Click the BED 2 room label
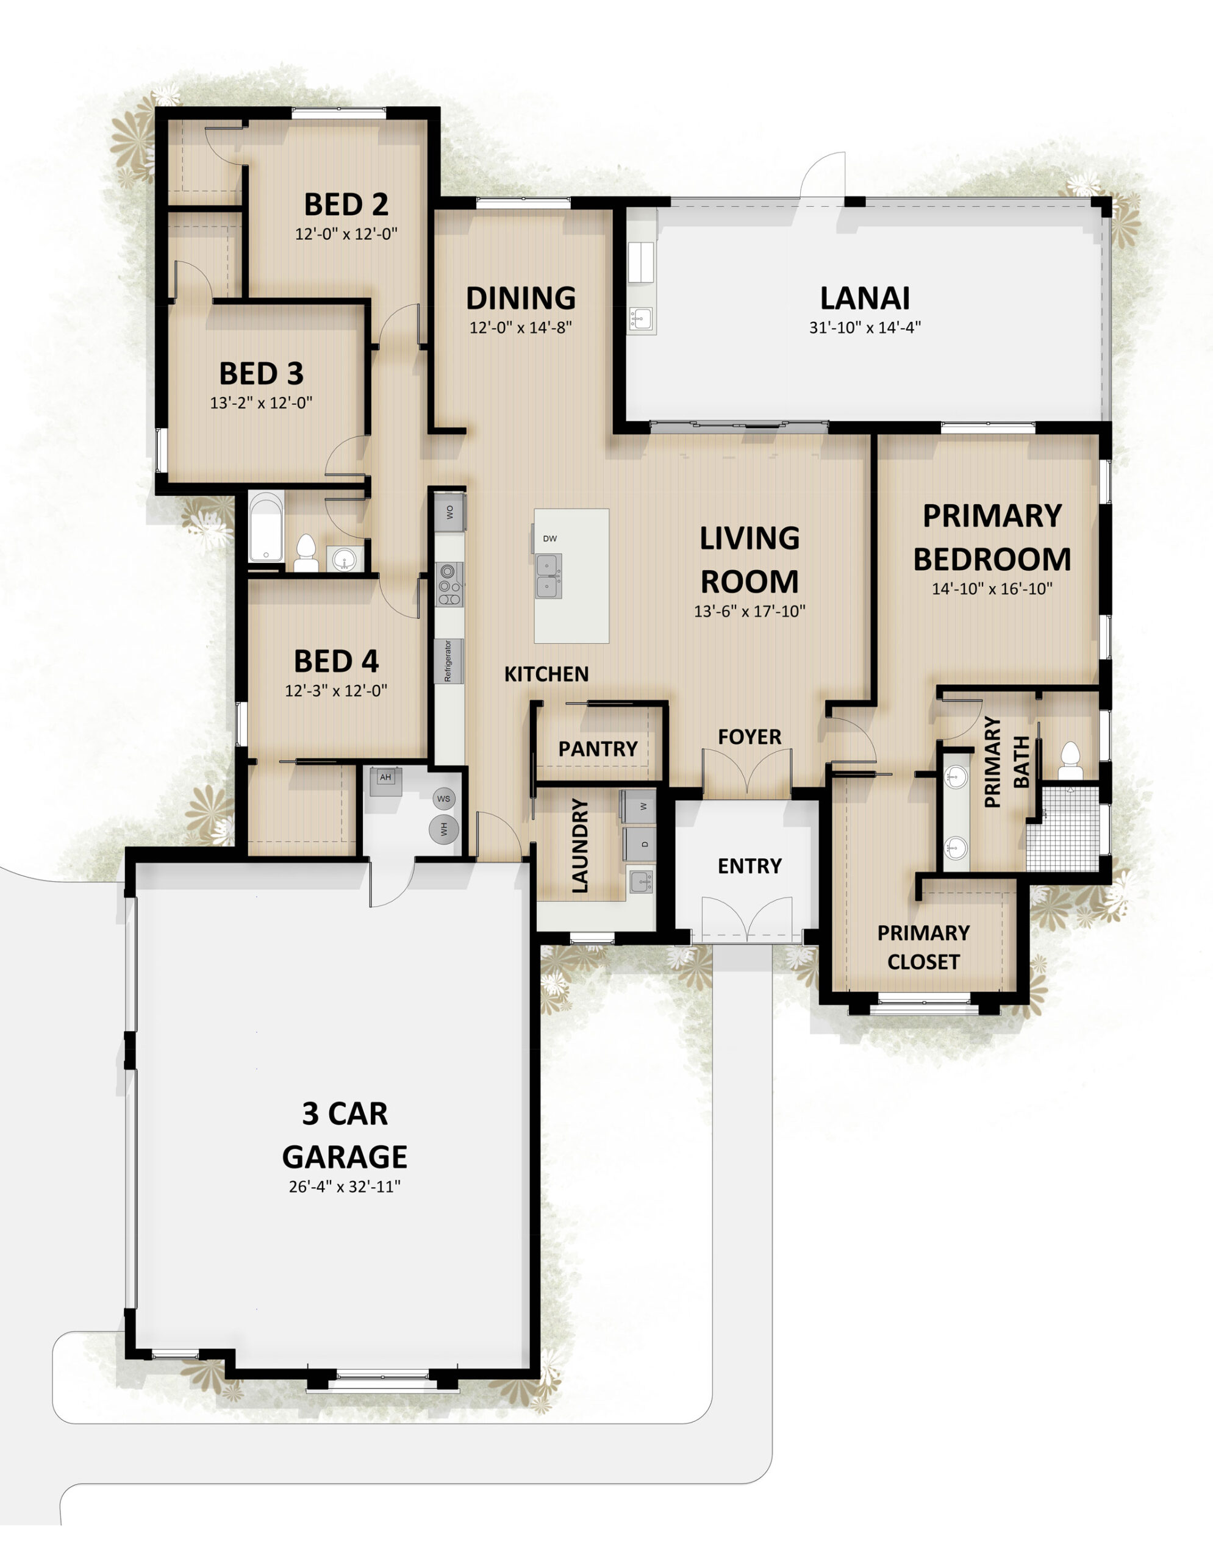[346, 204]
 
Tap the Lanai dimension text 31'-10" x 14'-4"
[864, 328]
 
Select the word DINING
[520, 298]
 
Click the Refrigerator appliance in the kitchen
[449, 660]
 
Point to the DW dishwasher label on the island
[549, 539]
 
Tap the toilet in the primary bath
[1070, 760]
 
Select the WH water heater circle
[444, 829]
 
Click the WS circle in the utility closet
[444, 798]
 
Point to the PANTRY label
[598, 749]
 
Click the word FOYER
[749, 737]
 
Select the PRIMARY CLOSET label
[923, 948]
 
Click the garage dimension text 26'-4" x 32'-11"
[345, 1187]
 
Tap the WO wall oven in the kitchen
[449, 512]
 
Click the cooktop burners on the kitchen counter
[449, 584]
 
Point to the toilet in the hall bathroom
[306, 552]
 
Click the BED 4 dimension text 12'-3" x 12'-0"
[336, 691]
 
